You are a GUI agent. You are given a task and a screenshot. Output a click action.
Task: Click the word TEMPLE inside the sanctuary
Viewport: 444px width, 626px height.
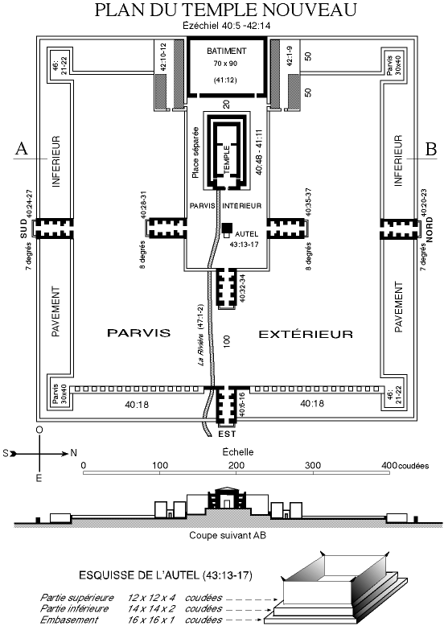click(227, 159)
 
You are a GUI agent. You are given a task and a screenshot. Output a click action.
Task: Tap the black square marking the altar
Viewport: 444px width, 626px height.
click(228, 228)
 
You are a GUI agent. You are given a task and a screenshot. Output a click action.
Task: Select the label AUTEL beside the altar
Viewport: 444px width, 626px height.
click(247, 234)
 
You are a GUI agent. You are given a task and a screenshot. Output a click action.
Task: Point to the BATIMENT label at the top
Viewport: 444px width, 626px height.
click(227, 51)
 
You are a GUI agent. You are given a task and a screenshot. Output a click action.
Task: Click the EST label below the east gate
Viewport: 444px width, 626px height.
click(227, 434)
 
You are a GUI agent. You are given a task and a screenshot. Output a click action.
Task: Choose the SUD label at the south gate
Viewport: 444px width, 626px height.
click(24, 229)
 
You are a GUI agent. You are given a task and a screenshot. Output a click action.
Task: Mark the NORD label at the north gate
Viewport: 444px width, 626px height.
click(430, 230)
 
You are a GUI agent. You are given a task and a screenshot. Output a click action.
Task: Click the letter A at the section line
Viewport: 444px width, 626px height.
click(22, 149)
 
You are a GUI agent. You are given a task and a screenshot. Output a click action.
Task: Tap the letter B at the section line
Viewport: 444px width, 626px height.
click(431, 149)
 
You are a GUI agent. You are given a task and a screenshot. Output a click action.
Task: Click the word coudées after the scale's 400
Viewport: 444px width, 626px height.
click(413, 466)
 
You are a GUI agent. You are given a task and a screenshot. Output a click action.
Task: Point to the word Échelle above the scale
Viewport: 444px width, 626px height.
click(238, 452)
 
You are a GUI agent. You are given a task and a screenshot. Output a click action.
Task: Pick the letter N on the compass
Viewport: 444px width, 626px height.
click(73, 453)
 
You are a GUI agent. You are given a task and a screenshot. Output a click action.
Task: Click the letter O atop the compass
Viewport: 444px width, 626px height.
click(39, 430)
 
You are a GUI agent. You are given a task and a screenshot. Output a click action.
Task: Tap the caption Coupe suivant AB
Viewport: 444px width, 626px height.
click(228, 535)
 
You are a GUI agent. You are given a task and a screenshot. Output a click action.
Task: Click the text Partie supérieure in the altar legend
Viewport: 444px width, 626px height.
click(77, 598)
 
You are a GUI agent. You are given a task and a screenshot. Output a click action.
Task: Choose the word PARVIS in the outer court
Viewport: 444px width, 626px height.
click(139, 333)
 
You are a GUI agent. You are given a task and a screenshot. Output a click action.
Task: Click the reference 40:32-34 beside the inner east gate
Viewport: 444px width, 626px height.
click(242, 288)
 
